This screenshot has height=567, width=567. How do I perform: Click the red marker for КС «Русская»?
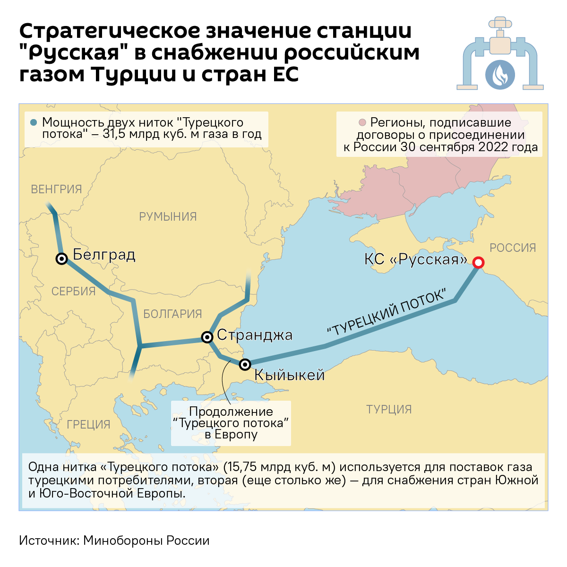tap(478, 263)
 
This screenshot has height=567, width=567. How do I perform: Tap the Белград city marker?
tap(61, 258)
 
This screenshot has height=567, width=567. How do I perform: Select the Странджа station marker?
tap(207, 337)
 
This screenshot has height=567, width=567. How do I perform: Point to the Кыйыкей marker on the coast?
tap(245, 364)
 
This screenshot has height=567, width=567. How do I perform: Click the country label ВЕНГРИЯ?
tap(56, 189)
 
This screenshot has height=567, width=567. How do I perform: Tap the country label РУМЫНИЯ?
tap(168, 216)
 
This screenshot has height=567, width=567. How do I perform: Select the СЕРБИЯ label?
tap(73, 291)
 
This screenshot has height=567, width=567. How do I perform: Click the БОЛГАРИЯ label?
tap(172, 314)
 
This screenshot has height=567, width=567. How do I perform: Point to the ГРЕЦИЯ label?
tap(88, 424)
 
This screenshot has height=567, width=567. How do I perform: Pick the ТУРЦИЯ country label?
tap(389, 409)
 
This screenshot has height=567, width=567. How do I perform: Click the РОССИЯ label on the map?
tap(513, 248)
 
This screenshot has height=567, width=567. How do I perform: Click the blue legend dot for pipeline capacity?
tap(33, 122)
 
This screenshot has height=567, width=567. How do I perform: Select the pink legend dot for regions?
tap(362, 123)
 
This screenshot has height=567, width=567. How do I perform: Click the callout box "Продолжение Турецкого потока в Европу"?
tap(231, 423)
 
